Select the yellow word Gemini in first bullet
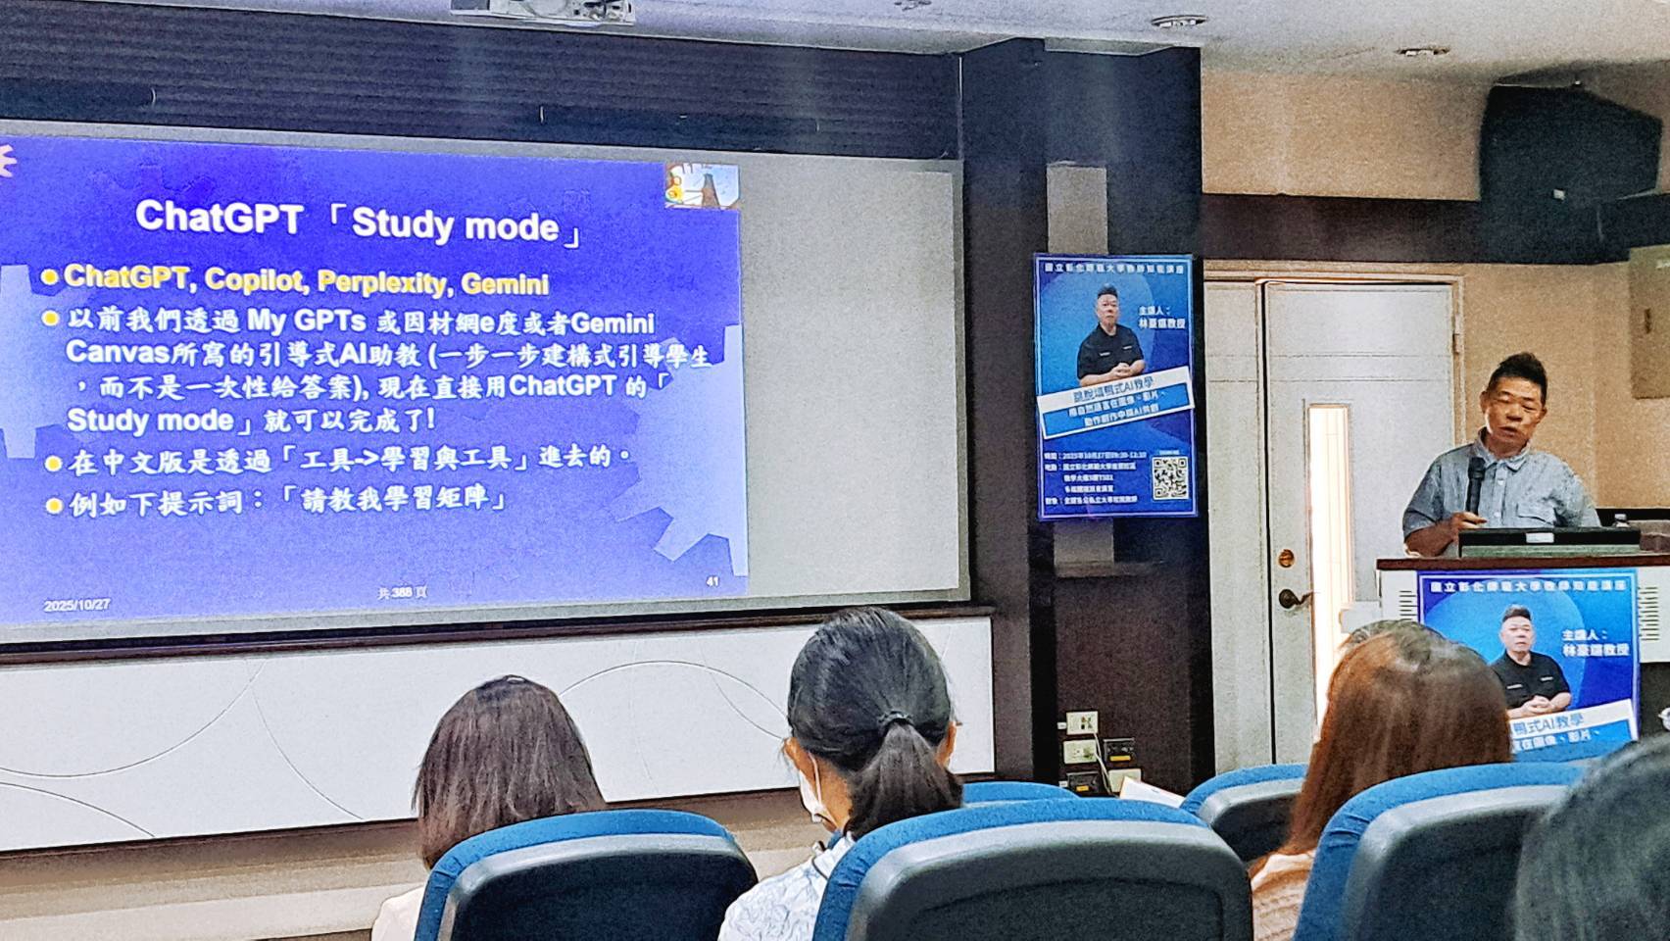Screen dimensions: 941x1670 coord(505,285)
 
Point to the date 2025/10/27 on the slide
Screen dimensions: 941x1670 coord(76,606)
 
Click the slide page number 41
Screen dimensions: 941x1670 coord(712,581)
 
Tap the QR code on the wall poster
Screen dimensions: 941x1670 coord(1170,477)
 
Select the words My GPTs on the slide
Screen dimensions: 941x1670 coord(307,321)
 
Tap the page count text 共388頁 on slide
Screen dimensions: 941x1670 coord(403,592)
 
